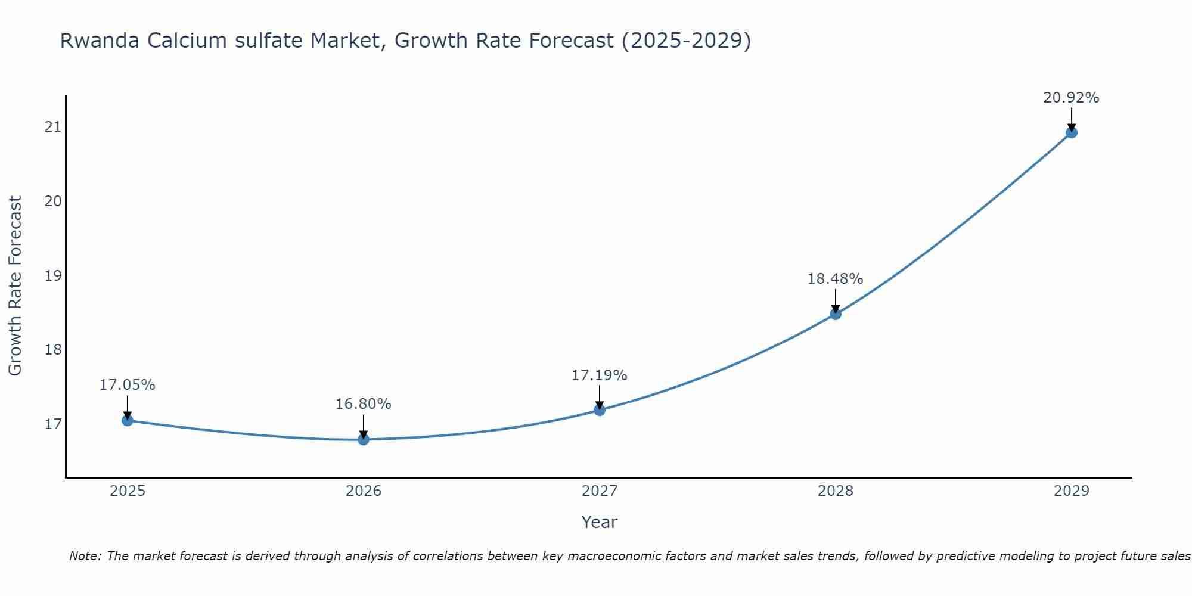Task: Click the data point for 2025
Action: click(128, 420)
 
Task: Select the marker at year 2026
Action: click(364, 439)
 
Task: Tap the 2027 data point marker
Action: click(600, 410)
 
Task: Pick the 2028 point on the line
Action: click(836, 314)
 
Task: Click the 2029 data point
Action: click(1072, 132)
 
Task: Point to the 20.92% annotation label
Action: click(1071, 98)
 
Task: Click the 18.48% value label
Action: click(835, 279)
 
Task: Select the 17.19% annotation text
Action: click(599, 375)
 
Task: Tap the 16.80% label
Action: click(363, 404)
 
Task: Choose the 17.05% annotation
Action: click(127, 385)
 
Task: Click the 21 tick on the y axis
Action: click(53, 126)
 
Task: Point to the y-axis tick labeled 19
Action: click(53, 275)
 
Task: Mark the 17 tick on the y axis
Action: click(53, 424)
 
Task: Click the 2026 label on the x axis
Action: click(364, 491)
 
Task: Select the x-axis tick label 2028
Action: click(836, 491)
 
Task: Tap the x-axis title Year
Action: click(599, 522)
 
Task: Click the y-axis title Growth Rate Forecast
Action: click(15, 286)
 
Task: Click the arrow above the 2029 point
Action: click(1072, 118)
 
